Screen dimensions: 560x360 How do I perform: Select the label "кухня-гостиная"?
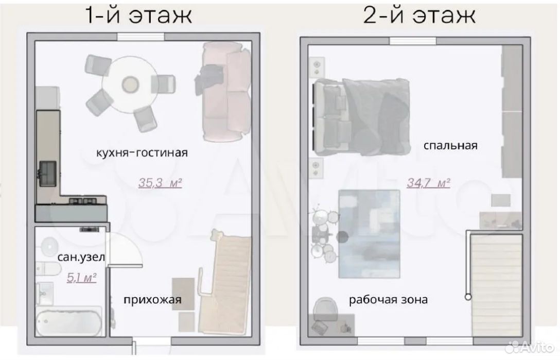142,152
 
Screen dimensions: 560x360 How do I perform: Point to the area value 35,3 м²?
160,183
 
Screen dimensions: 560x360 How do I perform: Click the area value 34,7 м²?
428,183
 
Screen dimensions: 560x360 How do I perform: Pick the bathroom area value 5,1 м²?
82,278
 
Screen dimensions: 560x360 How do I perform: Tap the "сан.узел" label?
81,258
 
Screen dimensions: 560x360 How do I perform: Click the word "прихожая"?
152,300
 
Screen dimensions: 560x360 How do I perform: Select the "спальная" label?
450,146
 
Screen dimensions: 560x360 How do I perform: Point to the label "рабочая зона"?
388,299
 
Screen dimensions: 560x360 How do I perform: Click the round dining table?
130,84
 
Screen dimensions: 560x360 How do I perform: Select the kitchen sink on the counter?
47,174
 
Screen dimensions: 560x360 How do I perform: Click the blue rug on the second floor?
369,234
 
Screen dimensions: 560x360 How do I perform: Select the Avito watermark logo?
530,346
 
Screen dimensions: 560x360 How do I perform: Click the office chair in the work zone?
325,309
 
